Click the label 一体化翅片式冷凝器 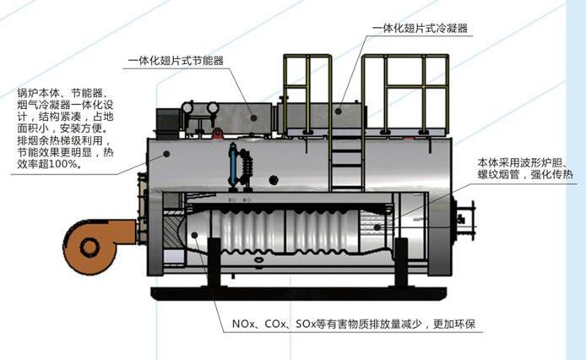pyautogui.click(x=420, y=29)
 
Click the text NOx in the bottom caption pyautogui.click(x=241, y=325)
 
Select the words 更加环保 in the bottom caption pyautogui.click(x=457, y=325)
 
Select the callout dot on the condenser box pyautogui.click(x=337, y=110)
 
